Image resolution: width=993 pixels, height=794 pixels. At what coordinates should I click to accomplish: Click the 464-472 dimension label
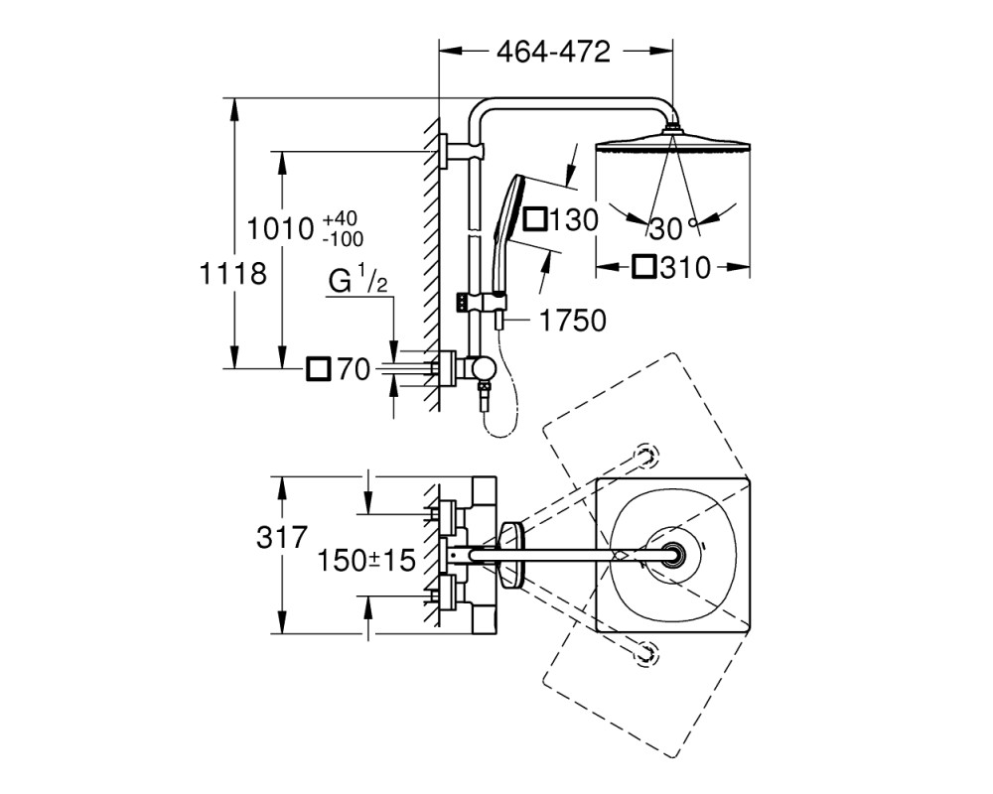pyautogui.click(x=553, y=52)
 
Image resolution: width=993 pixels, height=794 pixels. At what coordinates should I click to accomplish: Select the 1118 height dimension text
pyautogui.click(x=232, y=274)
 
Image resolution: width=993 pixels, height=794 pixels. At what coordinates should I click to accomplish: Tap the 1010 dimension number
pyautogui.click(x=280, y=228)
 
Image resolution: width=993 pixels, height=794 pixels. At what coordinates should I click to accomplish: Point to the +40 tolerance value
pyautogui.click(x=340, y=219)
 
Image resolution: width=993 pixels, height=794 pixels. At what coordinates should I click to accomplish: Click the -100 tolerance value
pyautogui.click(x=343, y=239)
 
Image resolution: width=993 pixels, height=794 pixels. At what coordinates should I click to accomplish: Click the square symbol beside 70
pyautogui.click(x=319, y=368)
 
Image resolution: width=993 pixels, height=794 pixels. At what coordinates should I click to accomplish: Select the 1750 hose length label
pyautogui.click(x=572, y=321)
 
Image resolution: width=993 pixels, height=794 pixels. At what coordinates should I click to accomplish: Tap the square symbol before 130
pyautogui.click(x=535, y=219)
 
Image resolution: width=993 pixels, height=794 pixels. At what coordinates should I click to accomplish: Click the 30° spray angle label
pyautogui.click(x=672, y=229)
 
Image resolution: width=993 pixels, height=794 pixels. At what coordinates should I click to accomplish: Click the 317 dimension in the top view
pyautogui.click(x=282, y=538)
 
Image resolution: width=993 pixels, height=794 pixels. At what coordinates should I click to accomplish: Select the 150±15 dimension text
pyautogui.click(x=366, y=561)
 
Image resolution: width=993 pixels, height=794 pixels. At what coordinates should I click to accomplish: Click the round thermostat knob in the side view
pyautogui.click(x=486, y=368)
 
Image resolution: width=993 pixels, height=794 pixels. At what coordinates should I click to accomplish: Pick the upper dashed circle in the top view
pyautogui.click(x=647, y=455)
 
